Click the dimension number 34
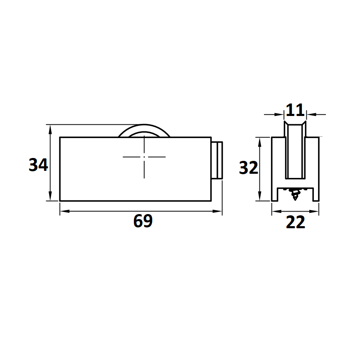point(38,165)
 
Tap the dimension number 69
point(143,221)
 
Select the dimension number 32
point(249,168)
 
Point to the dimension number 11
point(295,110)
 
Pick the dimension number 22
point(296,222)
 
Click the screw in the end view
point(294,194)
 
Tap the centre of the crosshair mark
point(144,157)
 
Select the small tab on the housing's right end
point(217,160)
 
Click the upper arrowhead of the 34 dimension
point(50,129)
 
